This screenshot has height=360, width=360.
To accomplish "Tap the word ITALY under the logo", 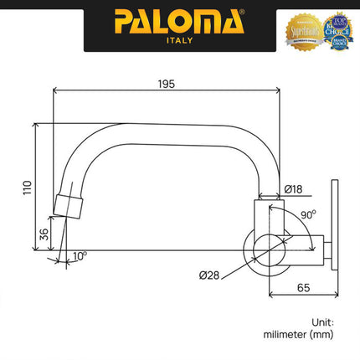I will pos(180,39).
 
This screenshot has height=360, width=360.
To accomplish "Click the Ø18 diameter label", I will pos(294,190).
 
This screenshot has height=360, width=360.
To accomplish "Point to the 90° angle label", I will pos(308,214).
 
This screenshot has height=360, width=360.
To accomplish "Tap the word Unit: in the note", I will pos(322,321).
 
